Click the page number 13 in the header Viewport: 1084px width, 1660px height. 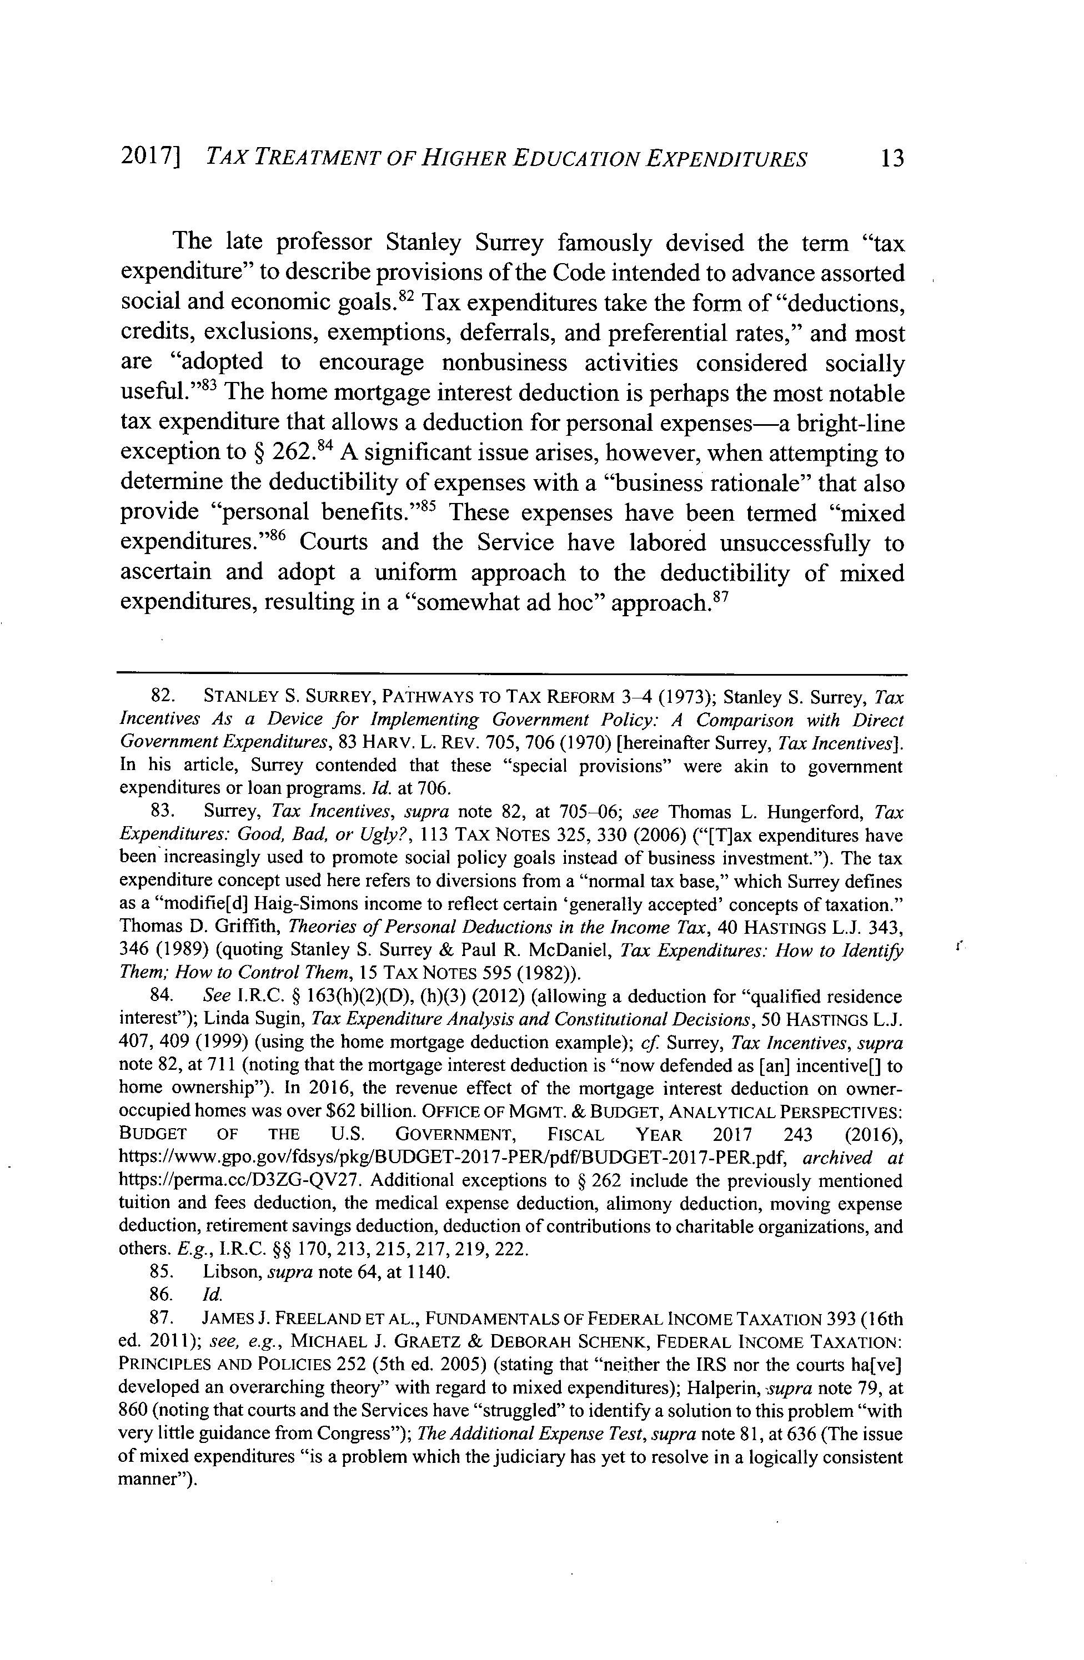891,159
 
